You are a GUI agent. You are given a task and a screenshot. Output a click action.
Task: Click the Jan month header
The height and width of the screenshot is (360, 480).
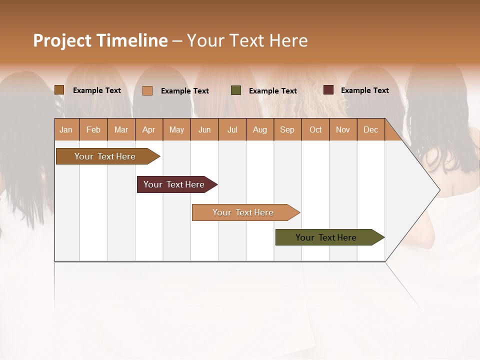[x=66, y=129]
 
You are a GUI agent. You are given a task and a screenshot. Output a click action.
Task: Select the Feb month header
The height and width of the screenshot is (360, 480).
[x=93, y=129]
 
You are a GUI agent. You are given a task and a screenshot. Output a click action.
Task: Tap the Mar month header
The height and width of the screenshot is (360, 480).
[x=121, y=129]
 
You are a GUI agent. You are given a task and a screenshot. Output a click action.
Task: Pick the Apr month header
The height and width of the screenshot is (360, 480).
[x=149, y=129]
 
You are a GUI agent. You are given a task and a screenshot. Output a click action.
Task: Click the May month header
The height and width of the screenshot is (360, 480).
[x=176, y=129]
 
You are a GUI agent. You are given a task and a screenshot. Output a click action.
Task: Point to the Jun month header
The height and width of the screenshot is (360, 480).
[x=204, y=129]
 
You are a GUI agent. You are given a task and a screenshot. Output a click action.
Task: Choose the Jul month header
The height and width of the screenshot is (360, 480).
[x=232, y=129]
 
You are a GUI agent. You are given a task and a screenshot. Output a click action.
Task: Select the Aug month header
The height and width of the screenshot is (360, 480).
[x=260, y=129]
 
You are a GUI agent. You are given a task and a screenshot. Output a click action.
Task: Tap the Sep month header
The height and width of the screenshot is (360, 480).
[x=287, y=129]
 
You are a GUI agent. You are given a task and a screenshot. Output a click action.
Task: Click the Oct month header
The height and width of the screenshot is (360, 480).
[x=315, y=129]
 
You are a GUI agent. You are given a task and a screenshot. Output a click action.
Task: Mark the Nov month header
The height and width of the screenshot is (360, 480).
[x=343, y=129]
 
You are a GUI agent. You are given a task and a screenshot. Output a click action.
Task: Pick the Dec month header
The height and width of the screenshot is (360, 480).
[x=371, y=129]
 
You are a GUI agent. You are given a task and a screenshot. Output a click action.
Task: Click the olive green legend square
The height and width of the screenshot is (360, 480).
[x=236, y=90]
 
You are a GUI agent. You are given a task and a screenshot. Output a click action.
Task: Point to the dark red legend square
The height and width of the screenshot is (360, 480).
[x=328, y=90]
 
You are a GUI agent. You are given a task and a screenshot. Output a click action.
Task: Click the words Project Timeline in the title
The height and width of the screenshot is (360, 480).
[x=100, y=40]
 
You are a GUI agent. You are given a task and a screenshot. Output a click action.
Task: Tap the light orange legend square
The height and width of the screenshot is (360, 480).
[x=147, y=90]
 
